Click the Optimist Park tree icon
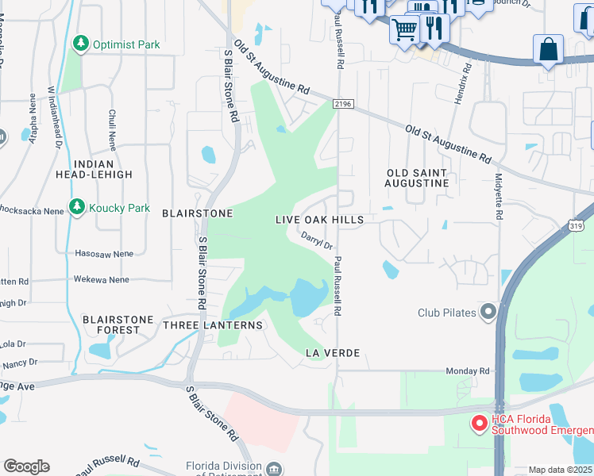(x=80, y=44)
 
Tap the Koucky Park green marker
(x=77, y=208)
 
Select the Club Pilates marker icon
(x=486, y=312)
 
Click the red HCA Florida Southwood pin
(x=479, y=424)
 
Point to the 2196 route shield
(x=342, y=103)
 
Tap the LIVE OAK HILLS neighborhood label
(x=319, y=220)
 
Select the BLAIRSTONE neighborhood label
(x=197, y=213)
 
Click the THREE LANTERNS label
(x=212, y=325)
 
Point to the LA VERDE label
(x=333, y=352)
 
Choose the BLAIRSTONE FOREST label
(x=118, y=325)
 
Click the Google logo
(x=26, y=466)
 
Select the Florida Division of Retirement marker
(x=274, y=467)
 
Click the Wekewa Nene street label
(x=101, y=280)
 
